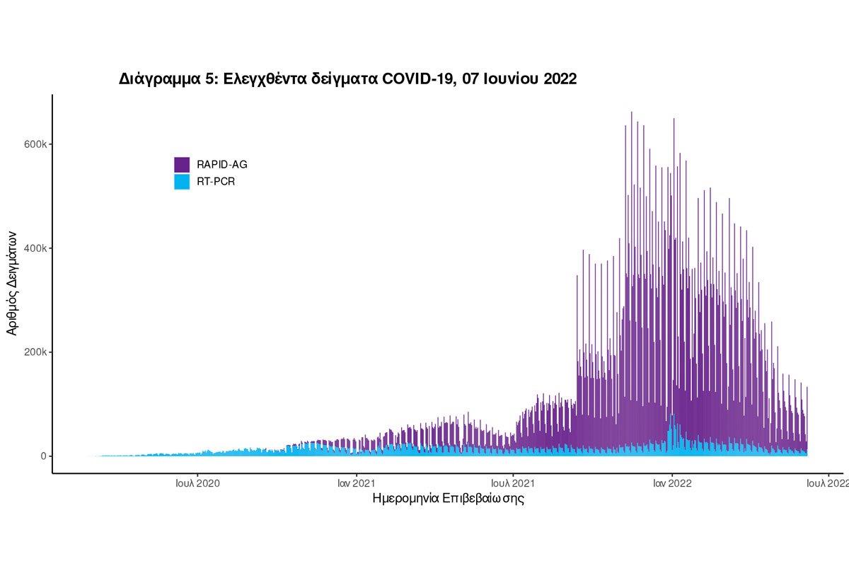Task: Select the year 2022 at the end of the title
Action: [x=560, y=79]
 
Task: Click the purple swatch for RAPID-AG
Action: [x=182, y=164]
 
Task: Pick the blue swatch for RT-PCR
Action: [x=182, y=182]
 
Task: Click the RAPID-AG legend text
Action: [x=222, y=165]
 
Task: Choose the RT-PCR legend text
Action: [x=216, y=182]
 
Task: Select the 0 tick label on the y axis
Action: [x=43, y=456]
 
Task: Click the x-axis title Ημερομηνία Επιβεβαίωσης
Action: [x=448, y=499]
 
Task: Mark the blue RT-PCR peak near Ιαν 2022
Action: [x=672, y=417]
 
